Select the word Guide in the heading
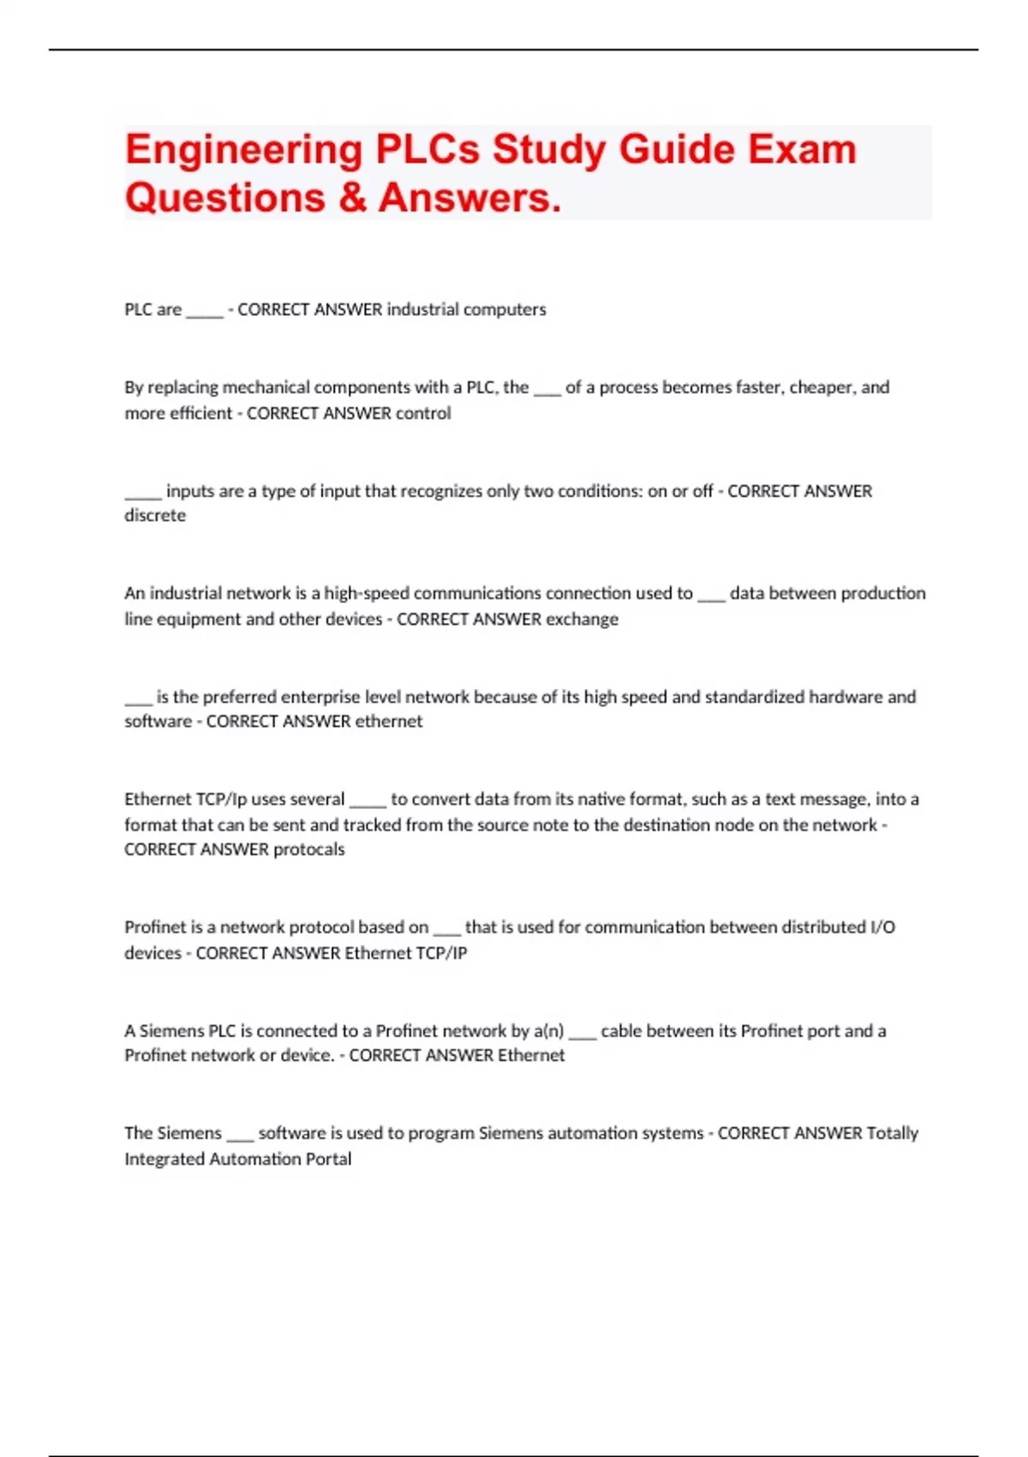pyautogui.click(x=677, y=150)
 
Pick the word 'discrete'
pyautogui.click(x=155, y=515)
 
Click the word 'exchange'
pyautogui.click(x=582, y=619)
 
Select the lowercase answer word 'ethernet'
pyautogui.click(x=389, y=722)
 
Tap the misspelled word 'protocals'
pyautogui.click(x=308, y=849)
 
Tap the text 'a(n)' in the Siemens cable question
pyautogui.click(x=548, y=1031)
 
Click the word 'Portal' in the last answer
pyautogui.click(x=329, y=1160)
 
